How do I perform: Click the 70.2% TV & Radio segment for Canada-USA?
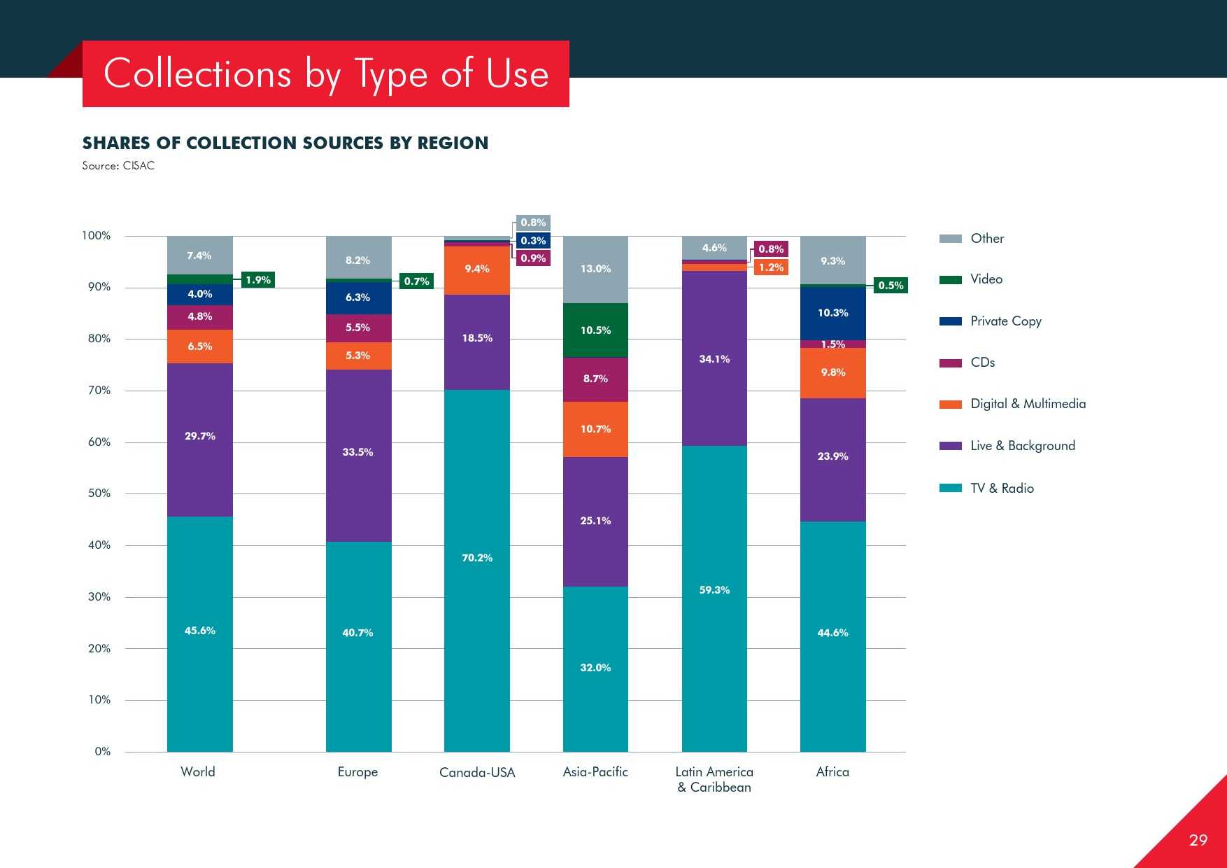pos(477,570)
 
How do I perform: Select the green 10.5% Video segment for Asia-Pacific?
pos(595,330)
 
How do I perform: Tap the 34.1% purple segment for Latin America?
pos(714,358)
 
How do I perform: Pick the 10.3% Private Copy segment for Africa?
pos(832,313)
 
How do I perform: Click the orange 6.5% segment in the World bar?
pos(199,346)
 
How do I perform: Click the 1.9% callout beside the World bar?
pos(258,280)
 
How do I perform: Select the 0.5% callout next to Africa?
pos(891,286)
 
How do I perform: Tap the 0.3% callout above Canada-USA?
pos(533,241)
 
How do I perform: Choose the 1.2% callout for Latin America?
pos(771,267)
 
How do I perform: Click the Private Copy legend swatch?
pos(950,321)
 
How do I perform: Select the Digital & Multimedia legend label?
pos(1028,404)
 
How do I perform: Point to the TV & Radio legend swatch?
pos(950,488)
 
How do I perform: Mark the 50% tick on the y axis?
pos(99,493)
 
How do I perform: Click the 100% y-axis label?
pos(97,236)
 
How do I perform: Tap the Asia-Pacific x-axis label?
pos(595,772)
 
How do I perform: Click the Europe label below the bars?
pos(357,772)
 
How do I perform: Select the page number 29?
pos(1198,840)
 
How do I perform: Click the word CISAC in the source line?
pos(139,166)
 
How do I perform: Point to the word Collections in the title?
pos(197,74)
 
